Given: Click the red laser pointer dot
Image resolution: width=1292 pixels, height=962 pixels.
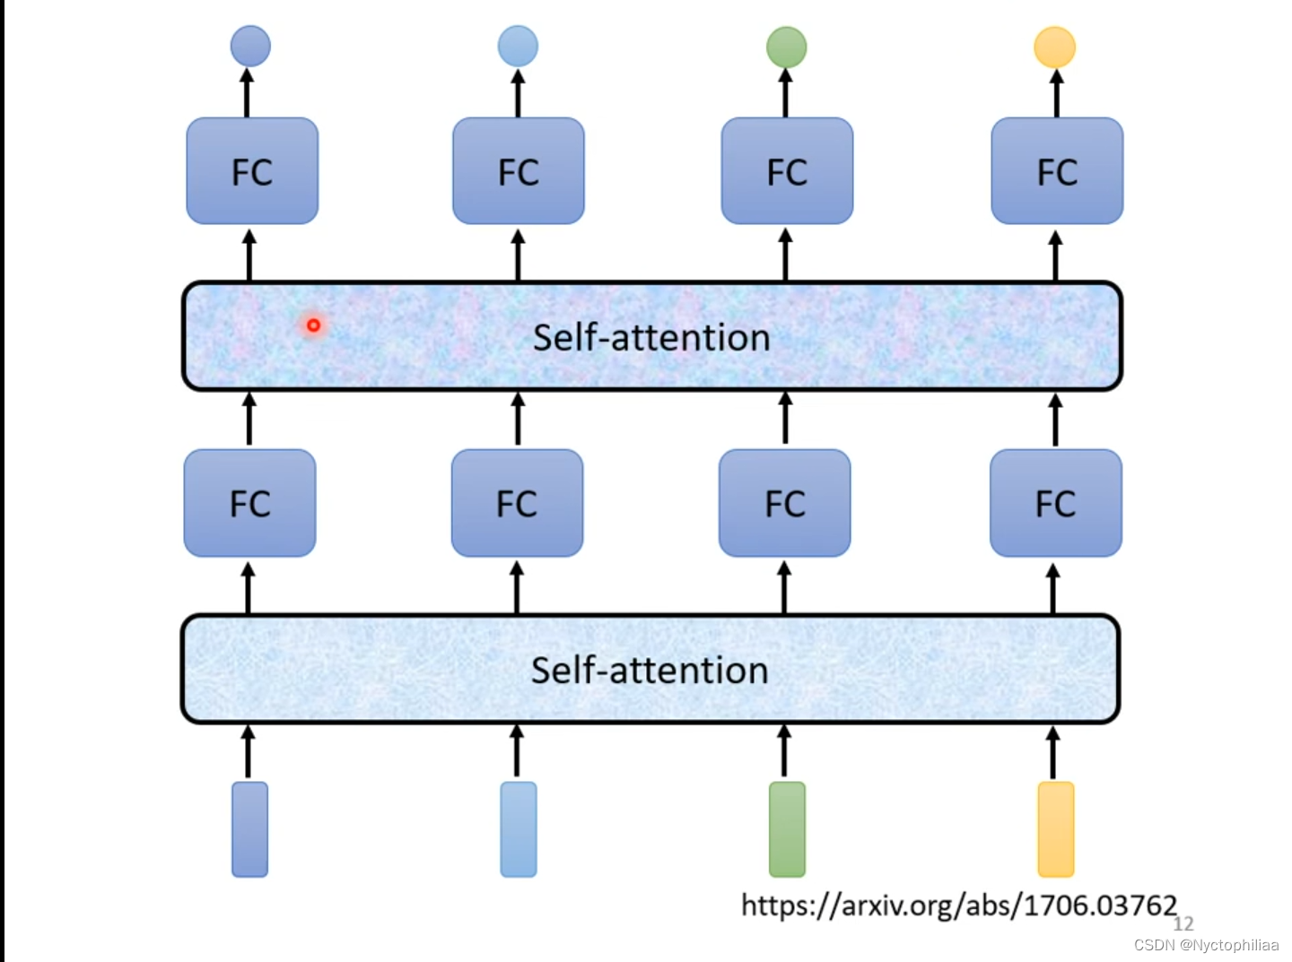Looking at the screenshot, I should click(x=313, y=325).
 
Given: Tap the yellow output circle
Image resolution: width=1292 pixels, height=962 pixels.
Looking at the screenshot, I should click(x=1054, y=48).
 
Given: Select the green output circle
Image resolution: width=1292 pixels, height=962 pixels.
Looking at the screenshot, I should click(x=786, y=48).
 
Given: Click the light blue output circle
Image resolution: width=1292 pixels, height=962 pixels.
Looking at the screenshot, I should click(x=518, y=47).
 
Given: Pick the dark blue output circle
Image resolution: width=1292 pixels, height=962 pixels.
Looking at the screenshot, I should click(x=250, y=47).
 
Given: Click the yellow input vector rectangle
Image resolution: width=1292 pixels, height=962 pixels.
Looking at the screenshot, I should click(x=1055, y=829).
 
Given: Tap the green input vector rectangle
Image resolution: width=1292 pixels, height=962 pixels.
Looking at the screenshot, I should click(x=787, y=829).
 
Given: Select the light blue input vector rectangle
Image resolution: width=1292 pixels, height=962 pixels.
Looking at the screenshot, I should click(x=519, y=829).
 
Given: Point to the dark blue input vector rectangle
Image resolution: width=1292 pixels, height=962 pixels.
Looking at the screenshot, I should click(x=250, y=829).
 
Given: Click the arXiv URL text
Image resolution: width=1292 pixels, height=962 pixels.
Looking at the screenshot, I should click(x=958, y=906).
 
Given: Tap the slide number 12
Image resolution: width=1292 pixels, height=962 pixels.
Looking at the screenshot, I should click(x=1183, y=924).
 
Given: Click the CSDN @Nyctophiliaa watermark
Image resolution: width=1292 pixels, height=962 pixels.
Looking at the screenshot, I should click(x=1206, y=945).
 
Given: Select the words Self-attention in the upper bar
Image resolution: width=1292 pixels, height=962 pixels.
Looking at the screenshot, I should click(x=651, y=338).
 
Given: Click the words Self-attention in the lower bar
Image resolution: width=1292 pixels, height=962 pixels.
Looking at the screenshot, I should click(x=650, y=671).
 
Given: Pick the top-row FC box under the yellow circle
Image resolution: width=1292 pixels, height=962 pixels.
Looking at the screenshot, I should click(x=1057, y=171).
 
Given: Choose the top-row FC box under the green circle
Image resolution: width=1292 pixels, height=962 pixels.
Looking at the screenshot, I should click(x=787, y=171).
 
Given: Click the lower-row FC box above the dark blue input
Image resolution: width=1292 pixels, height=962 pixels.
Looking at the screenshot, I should click(x=249, y=503).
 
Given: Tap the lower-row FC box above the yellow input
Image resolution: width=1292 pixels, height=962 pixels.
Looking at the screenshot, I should click(x=1055, y=503).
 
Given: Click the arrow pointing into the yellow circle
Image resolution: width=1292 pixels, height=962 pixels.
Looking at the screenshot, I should click(x=1056, y=93).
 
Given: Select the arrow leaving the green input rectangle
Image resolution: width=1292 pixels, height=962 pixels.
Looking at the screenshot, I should click(x=784, y=751).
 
